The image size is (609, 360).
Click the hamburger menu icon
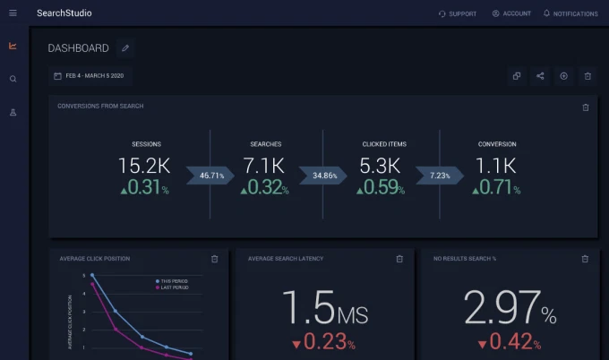(13, 13)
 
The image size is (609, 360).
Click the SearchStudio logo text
(64, 13)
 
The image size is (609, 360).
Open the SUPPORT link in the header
(458, 13)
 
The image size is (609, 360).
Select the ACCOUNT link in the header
(511, 13)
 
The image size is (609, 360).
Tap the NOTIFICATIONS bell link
(570, 13)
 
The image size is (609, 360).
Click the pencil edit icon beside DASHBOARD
(125, 48)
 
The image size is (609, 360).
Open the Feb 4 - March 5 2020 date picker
(89, 76)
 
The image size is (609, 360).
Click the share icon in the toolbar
(540, 76)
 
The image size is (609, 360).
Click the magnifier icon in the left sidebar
(13, 79)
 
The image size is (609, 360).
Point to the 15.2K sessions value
(145, 166)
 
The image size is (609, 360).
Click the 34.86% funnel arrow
(326, 176)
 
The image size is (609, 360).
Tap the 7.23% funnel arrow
(441, 176)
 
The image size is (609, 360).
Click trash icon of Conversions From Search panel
(586, 107)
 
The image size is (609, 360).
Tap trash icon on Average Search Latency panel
(399, 259)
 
